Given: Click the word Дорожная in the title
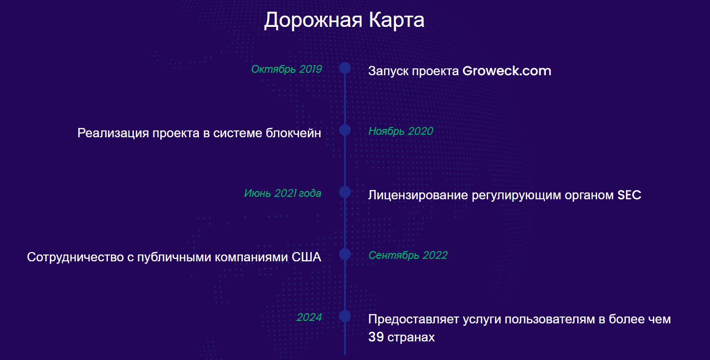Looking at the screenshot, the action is tap(313, 21).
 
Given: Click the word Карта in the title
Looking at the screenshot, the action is tap(396, 20).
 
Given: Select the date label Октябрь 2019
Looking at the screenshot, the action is tap(286, 69).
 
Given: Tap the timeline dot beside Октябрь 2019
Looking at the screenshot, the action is tap(345, 68).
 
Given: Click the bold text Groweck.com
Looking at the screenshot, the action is tap(507, 71).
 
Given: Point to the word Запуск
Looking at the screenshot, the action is tap(388, 71).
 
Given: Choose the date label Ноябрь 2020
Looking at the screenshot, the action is tap(401, 131).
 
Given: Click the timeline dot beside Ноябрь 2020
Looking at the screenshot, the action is tap(345, 130).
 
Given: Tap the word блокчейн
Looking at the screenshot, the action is tap(293, 133).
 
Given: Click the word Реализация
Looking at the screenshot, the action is tap(113, 133).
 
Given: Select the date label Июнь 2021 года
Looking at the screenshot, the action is tap(283, 193).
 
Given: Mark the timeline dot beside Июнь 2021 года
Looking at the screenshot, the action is tap(345, 192).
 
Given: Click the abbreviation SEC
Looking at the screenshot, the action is tap(629, 195).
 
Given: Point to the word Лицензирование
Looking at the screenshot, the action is tap(418, 195).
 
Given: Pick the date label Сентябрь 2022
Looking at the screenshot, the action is tap(408, 255).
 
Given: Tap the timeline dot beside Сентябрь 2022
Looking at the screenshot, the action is tap(345, 254).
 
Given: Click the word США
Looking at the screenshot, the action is tap(306, 257).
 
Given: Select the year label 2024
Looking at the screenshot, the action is tap(309, 317).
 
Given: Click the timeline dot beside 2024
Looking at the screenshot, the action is tap(345, 316).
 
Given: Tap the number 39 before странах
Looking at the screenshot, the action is tap(376, 337).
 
